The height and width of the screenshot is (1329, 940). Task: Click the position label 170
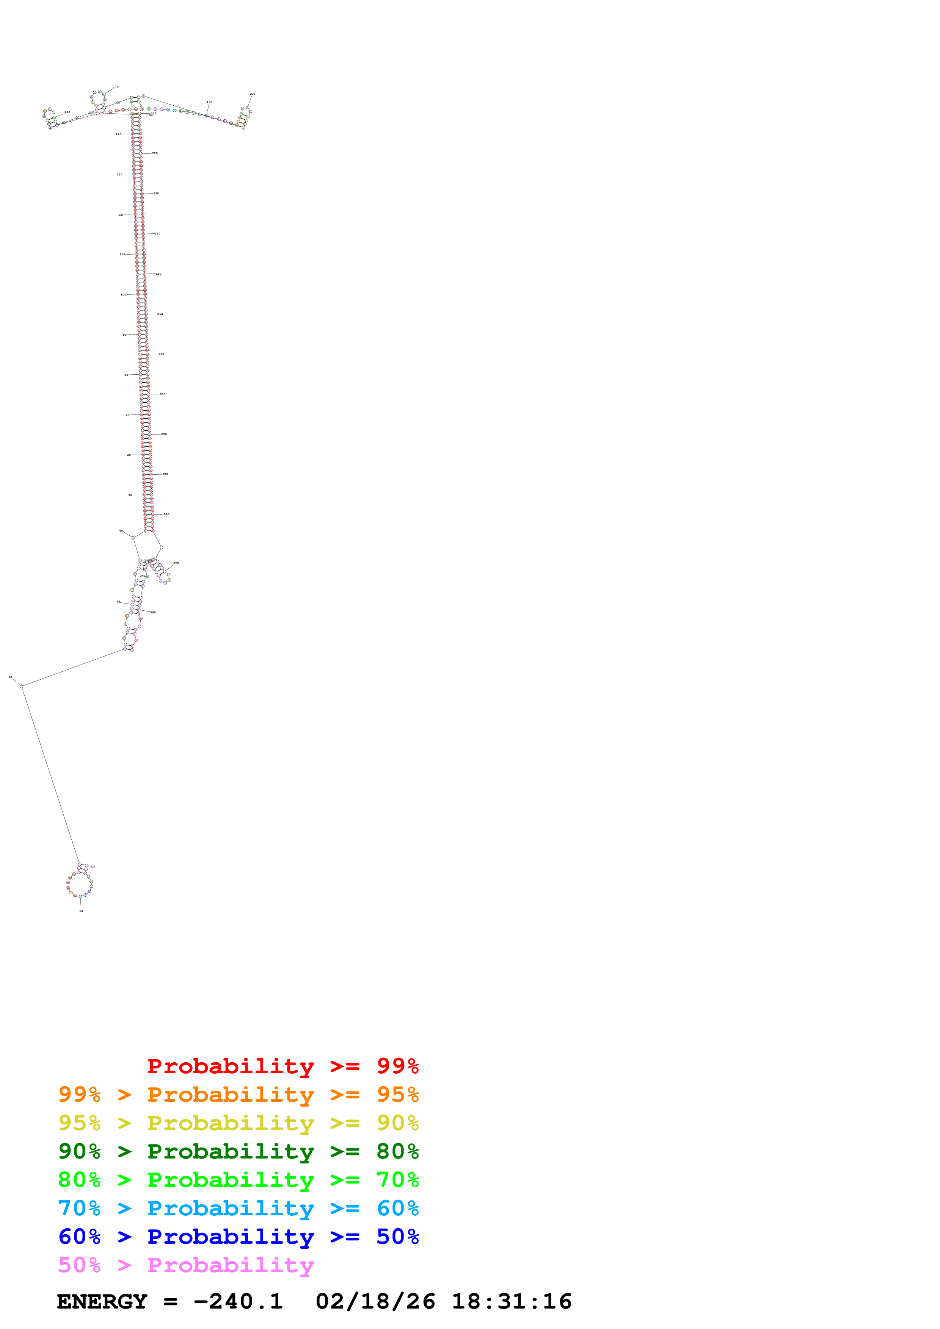pyautogui.click(x=116, y=87)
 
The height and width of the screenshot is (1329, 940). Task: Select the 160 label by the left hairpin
pyautogui.click(x=67, y=112)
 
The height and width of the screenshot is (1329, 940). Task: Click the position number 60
pyautogui.click(x=129, y=455)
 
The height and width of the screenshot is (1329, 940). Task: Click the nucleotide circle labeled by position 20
pyautogui.click(x=22, y=686)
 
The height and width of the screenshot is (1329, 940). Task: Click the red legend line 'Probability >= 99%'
pyautogui.click(x=282, y=1066)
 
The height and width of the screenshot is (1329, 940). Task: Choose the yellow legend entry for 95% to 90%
pyautogui.click(x=238, y=1123)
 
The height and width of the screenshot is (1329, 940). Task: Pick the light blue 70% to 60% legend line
pyautogui.click(x=238, y=1209)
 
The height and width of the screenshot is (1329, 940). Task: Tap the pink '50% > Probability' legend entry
pyautogui.click(x=186, y=1265)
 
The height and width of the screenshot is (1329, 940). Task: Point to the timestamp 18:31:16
pyautogui.click(x=512, y=1302)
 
